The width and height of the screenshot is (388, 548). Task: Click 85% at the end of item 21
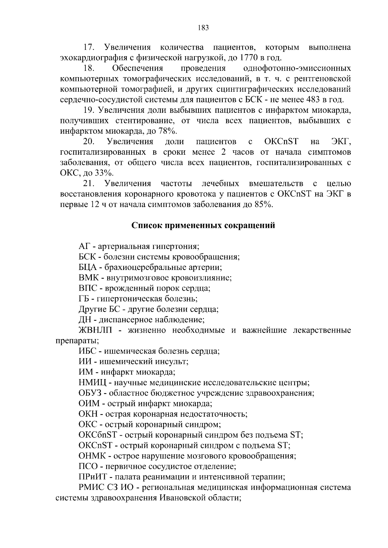pos(264,204)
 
